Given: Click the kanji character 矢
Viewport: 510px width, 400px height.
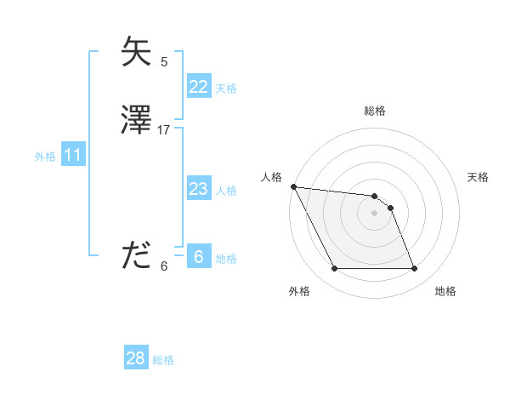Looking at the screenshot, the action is pos(136,53).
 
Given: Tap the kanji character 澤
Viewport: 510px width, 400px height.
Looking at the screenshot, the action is pos(136,120).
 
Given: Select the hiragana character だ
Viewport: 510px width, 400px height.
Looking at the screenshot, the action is pos(136,255).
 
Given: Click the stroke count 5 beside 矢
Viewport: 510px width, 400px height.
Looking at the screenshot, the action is pos(164,61).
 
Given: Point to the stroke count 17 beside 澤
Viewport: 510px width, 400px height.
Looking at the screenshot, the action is pos(164,130).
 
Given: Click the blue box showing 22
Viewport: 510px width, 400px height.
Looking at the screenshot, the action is pos(198,87).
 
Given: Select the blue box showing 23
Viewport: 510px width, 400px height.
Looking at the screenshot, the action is pos(198,189).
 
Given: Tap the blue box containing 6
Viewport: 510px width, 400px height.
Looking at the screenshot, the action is pos(198,257).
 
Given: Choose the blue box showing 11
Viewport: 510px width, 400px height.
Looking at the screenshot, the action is pos(72,155).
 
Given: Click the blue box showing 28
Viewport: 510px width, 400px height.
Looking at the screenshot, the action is pos(135,358).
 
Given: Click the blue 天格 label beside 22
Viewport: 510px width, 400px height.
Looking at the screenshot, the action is pos(226,89).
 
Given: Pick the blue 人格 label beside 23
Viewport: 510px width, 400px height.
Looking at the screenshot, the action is pos(226,191).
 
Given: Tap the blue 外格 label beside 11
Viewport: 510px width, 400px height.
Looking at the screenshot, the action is pos(45,157).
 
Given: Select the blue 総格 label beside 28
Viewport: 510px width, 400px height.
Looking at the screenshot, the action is pos(163,360).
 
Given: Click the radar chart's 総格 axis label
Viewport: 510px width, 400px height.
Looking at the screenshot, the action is pos(375,111).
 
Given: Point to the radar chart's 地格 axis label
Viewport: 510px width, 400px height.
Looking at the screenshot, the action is pos(445,291).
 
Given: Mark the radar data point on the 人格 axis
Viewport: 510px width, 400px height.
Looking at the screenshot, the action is pos(293,186).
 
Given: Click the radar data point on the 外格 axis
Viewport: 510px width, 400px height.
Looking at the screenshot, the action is pos(334,269).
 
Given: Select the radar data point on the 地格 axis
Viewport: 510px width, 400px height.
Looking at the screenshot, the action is pos(415,269).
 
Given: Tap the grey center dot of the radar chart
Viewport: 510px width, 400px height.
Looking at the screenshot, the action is pos(375,213).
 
